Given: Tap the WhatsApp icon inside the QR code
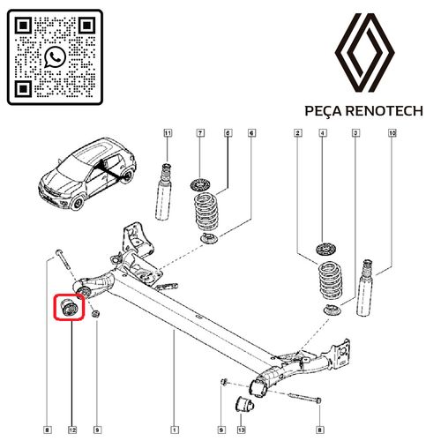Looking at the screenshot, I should pyautogui.click(x=55, y=56).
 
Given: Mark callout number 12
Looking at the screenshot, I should pyautogui.click(x=71, y=430).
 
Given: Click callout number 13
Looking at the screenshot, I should pyautogui.click(x=240, y=430).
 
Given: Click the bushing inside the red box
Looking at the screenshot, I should pyautogui.click(x=70, y=308).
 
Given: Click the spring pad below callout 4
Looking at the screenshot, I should pyautogui.click(x=323, y=250).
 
